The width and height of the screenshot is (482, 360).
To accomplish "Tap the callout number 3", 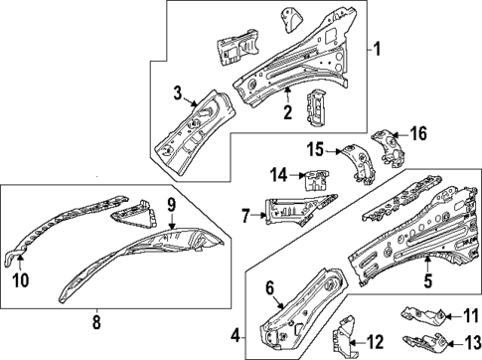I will pos(177,94).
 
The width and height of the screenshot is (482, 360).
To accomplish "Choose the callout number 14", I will pos(281,175).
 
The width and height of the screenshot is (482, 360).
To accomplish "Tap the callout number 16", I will pos(418,132).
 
